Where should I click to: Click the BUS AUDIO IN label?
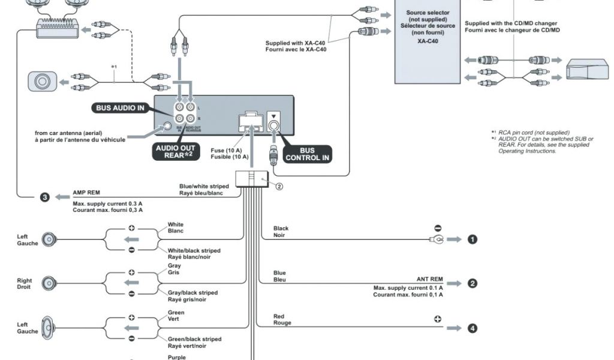[119, 108]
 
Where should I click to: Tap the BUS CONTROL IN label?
[308, 154]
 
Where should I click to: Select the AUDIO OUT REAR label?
[175, 152]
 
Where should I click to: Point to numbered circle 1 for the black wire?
[472, 239]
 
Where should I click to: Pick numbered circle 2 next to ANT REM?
[472, 283]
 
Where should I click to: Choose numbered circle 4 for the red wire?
[472, 328]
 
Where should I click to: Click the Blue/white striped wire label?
[204, 186]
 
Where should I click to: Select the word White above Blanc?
[176, 224]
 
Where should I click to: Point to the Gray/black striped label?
[192, 292]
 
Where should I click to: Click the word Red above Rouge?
[279, 316]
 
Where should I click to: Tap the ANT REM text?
[429, 280]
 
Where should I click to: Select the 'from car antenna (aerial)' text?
[80, 133]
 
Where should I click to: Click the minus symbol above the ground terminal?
[438, 229]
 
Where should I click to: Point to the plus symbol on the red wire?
[438, 319]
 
